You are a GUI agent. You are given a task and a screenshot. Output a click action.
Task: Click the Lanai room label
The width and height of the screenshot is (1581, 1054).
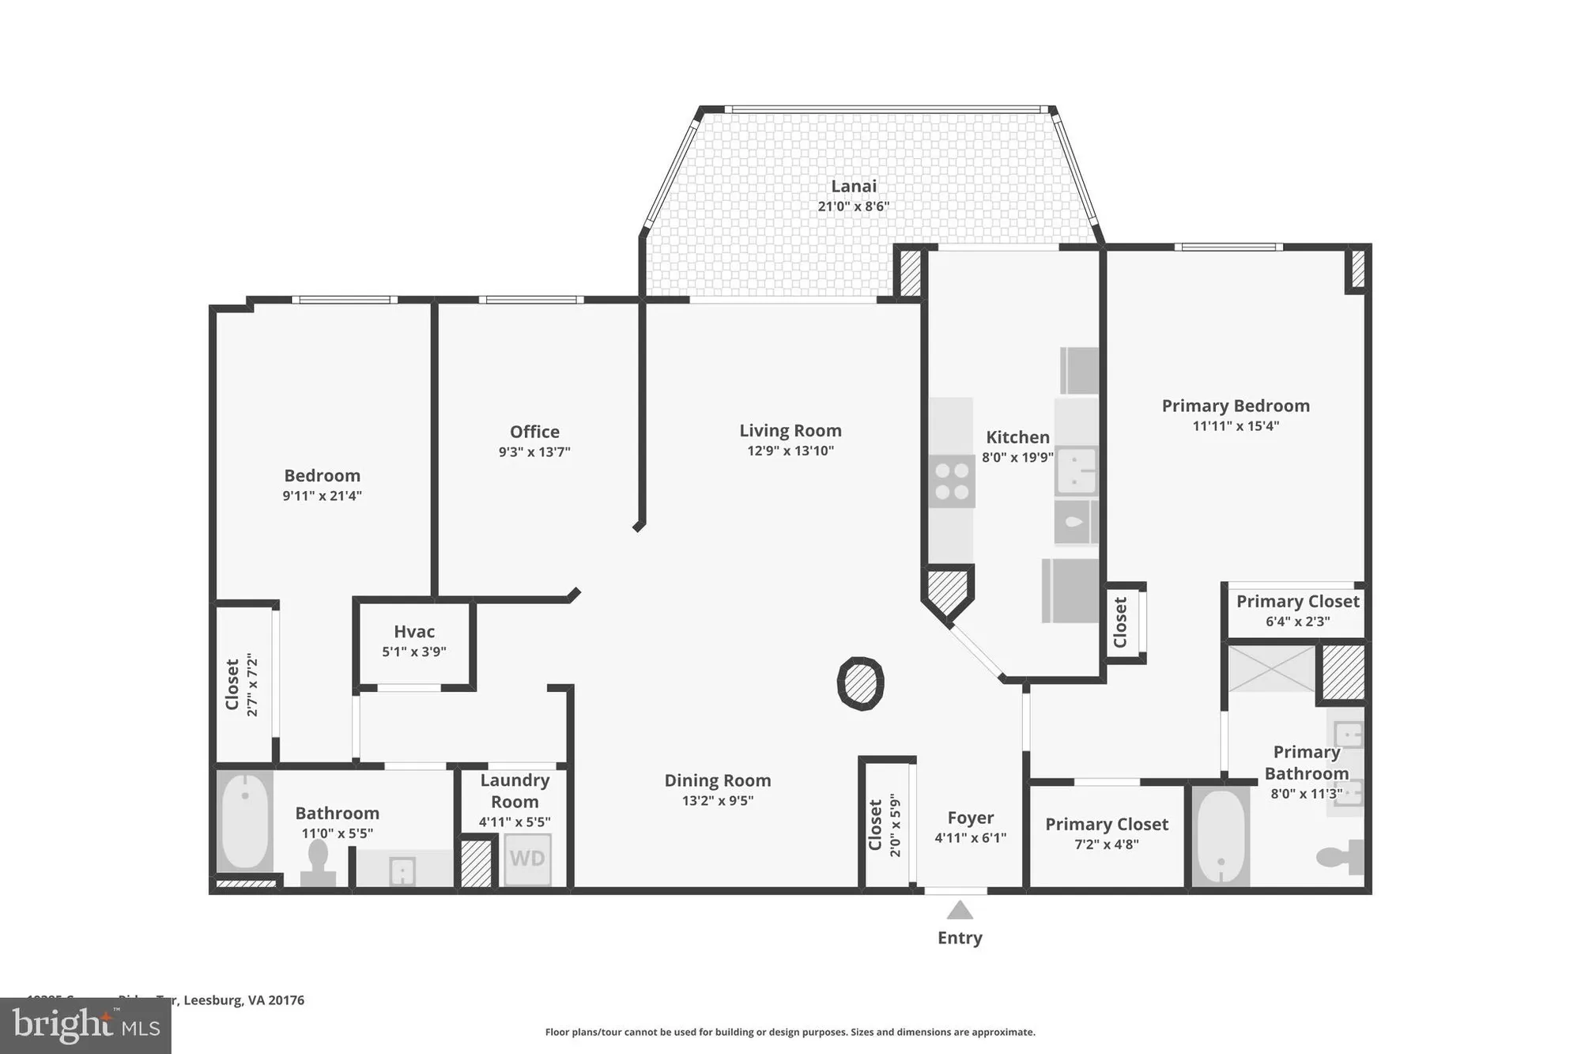pyautogui.click(x=853, y=187)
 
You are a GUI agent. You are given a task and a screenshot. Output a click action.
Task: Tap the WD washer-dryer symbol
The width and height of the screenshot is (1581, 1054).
pyautogui.click(x=526, y=859)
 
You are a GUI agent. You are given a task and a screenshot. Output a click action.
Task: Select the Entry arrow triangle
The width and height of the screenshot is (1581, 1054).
pyautogui.click(x=960, y=910)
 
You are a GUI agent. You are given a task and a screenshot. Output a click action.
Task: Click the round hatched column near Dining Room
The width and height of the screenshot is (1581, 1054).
pyautogui.click(x=860, y=683)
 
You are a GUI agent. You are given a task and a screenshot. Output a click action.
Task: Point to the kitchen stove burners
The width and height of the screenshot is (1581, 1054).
pyautogui.click(x=952, y=482)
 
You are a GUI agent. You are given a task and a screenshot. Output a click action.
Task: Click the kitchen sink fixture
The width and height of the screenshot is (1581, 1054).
pyautogui.click(x=1076, y=471)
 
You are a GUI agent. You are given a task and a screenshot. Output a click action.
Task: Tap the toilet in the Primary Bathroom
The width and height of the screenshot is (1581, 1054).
pyautogui.click(x=1341, y=857)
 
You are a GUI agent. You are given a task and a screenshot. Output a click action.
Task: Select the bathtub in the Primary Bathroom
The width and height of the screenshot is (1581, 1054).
pyautogui.click(x=1221, y=837)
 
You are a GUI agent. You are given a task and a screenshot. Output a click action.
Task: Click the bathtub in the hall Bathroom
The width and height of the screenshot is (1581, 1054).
pyautogui.click(x=244, y=821)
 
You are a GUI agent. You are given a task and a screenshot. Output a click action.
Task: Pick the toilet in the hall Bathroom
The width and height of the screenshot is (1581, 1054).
pyautogui.click(x=318, y=862)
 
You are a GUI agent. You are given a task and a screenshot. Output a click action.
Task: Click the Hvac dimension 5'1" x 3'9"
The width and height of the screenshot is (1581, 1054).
pyautogui.click(x=414, y=652)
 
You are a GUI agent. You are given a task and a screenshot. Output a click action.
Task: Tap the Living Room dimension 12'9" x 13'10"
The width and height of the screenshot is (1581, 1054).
pyautogui.click(x=790, y=451)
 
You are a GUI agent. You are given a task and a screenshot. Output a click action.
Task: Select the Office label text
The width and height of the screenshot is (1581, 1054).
pyautogui.click(x=534, y=432)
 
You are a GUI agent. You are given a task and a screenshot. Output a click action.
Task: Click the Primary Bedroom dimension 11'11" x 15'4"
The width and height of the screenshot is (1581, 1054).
pyautogui.click(x=1236, y=425)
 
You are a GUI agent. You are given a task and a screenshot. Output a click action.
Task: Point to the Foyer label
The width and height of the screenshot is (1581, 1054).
pyautogui.click(x=971, y=818)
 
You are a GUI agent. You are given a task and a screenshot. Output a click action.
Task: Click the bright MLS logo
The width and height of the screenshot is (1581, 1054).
pyautogui.click(x=85, y=1026)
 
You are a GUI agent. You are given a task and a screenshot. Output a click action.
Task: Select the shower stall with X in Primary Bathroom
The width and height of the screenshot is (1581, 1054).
pyautogui.click(x=1271, y=668)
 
